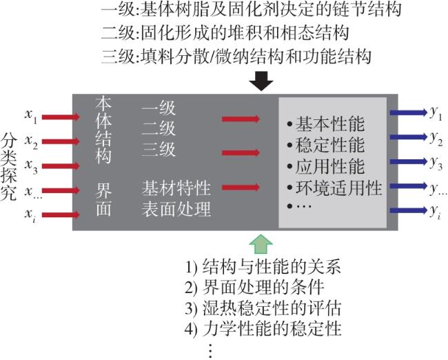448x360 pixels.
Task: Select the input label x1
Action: click(30, 115)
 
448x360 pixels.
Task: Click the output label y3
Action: click(435, 163)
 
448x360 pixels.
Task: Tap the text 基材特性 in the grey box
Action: click(176, 188)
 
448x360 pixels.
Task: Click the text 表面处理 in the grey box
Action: click(176, 208)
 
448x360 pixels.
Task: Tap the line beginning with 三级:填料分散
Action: click(236, 55)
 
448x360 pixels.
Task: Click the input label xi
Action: click(30, 214)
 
